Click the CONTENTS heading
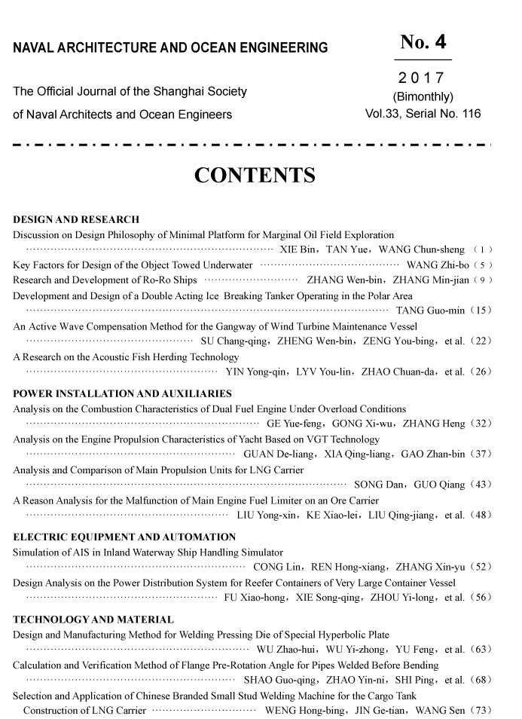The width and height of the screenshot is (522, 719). click(x=255, y=176)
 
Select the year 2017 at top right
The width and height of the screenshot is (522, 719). click(x=422, y=78)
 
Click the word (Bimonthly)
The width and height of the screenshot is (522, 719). click(x=423, y=96)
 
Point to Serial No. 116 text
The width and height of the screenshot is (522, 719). click(x=443, y=115)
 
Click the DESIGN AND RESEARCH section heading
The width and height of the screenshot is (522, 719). click(x=76, y=220)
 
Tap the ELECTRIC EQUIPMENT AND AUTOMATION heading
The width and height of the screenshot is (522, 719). click(x=124, y=537)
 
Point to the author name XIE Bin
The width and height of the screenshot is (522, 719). click(x=296, y=249)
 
